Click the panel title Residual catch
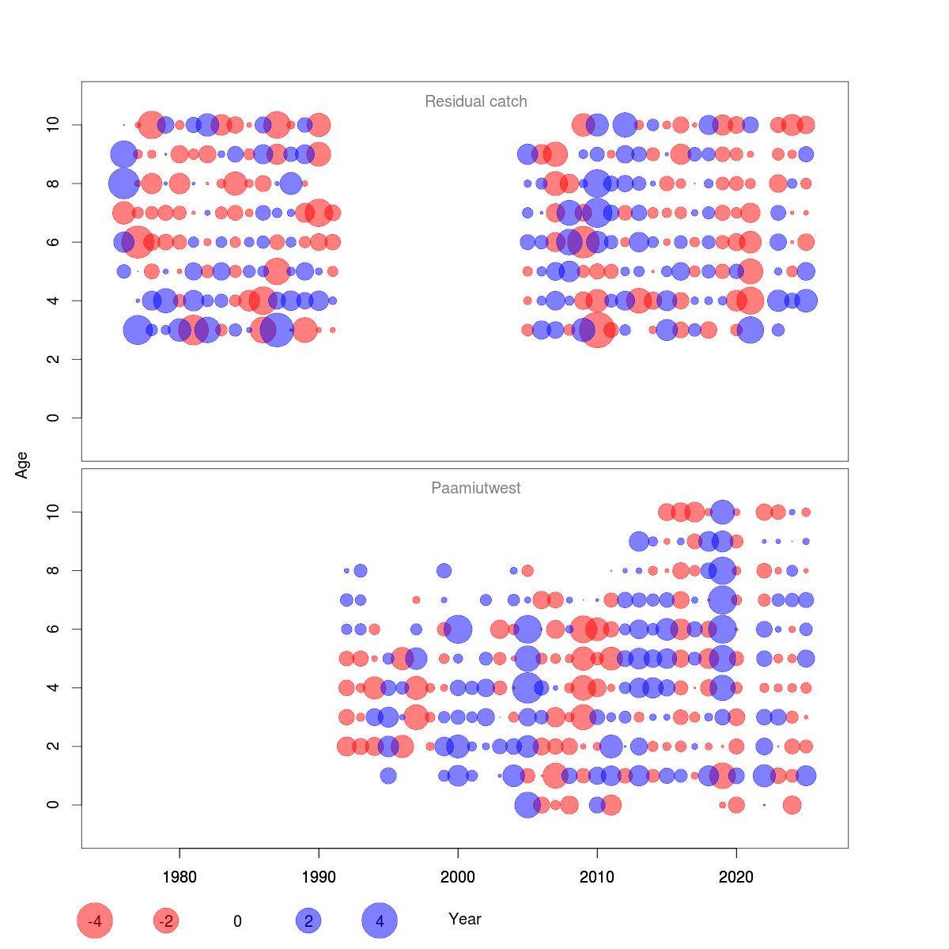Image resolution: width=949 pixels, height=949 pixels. pos(475,101)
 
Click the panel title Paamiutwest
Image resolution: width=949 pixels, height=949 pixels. pos(475,488)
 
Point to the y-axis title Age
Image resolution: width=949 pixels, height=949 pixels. pos(22,465)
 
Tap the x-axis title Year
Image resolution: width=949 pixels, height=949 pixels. pos(464,919)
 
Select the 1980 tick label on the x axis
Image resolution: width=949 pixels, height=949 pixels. pos(180,877)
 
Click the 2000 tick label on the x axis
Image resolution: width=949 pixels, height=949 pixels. pos(458,877)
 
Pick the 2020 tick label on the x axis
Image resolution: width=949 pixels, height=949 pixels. pos(736,877)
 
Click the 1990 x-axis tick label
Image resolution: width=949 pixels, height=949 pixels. pos(319,877)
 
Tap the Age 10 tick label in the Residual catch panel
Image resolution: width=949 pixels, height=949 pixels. pos(54,125)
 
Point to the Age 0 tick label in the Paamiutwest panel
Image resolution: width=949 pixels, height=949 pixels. pos(54,805)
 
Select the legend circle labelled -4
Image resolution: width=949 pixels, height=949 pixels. pos(95,921)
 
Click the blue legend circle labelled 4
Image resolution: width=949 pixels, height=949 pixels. pos(380,921)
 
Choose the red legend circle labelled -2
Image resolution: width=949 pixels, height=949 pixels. pos(166,921)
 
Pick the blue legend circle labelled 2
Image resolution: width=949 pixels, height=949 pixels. pos(308,921)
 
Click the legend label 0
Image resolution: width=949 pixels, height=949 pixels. pos(237,921)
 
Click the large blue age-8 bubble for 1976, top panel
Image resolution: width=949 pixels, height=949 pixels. pos(123,183)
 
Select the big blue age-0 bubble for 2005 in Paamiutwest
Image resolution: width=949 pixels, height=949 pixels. pos(527,805)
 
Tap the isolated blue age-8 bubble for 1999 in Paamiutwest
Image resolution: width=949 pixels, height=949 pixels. pos(444,570)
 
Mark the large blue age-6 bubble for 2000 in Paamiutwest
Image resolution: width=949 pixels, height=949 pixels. pos(458,630)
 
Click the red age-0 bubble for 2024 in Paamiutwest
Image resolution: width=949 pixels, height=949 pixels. pos(792,805)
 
